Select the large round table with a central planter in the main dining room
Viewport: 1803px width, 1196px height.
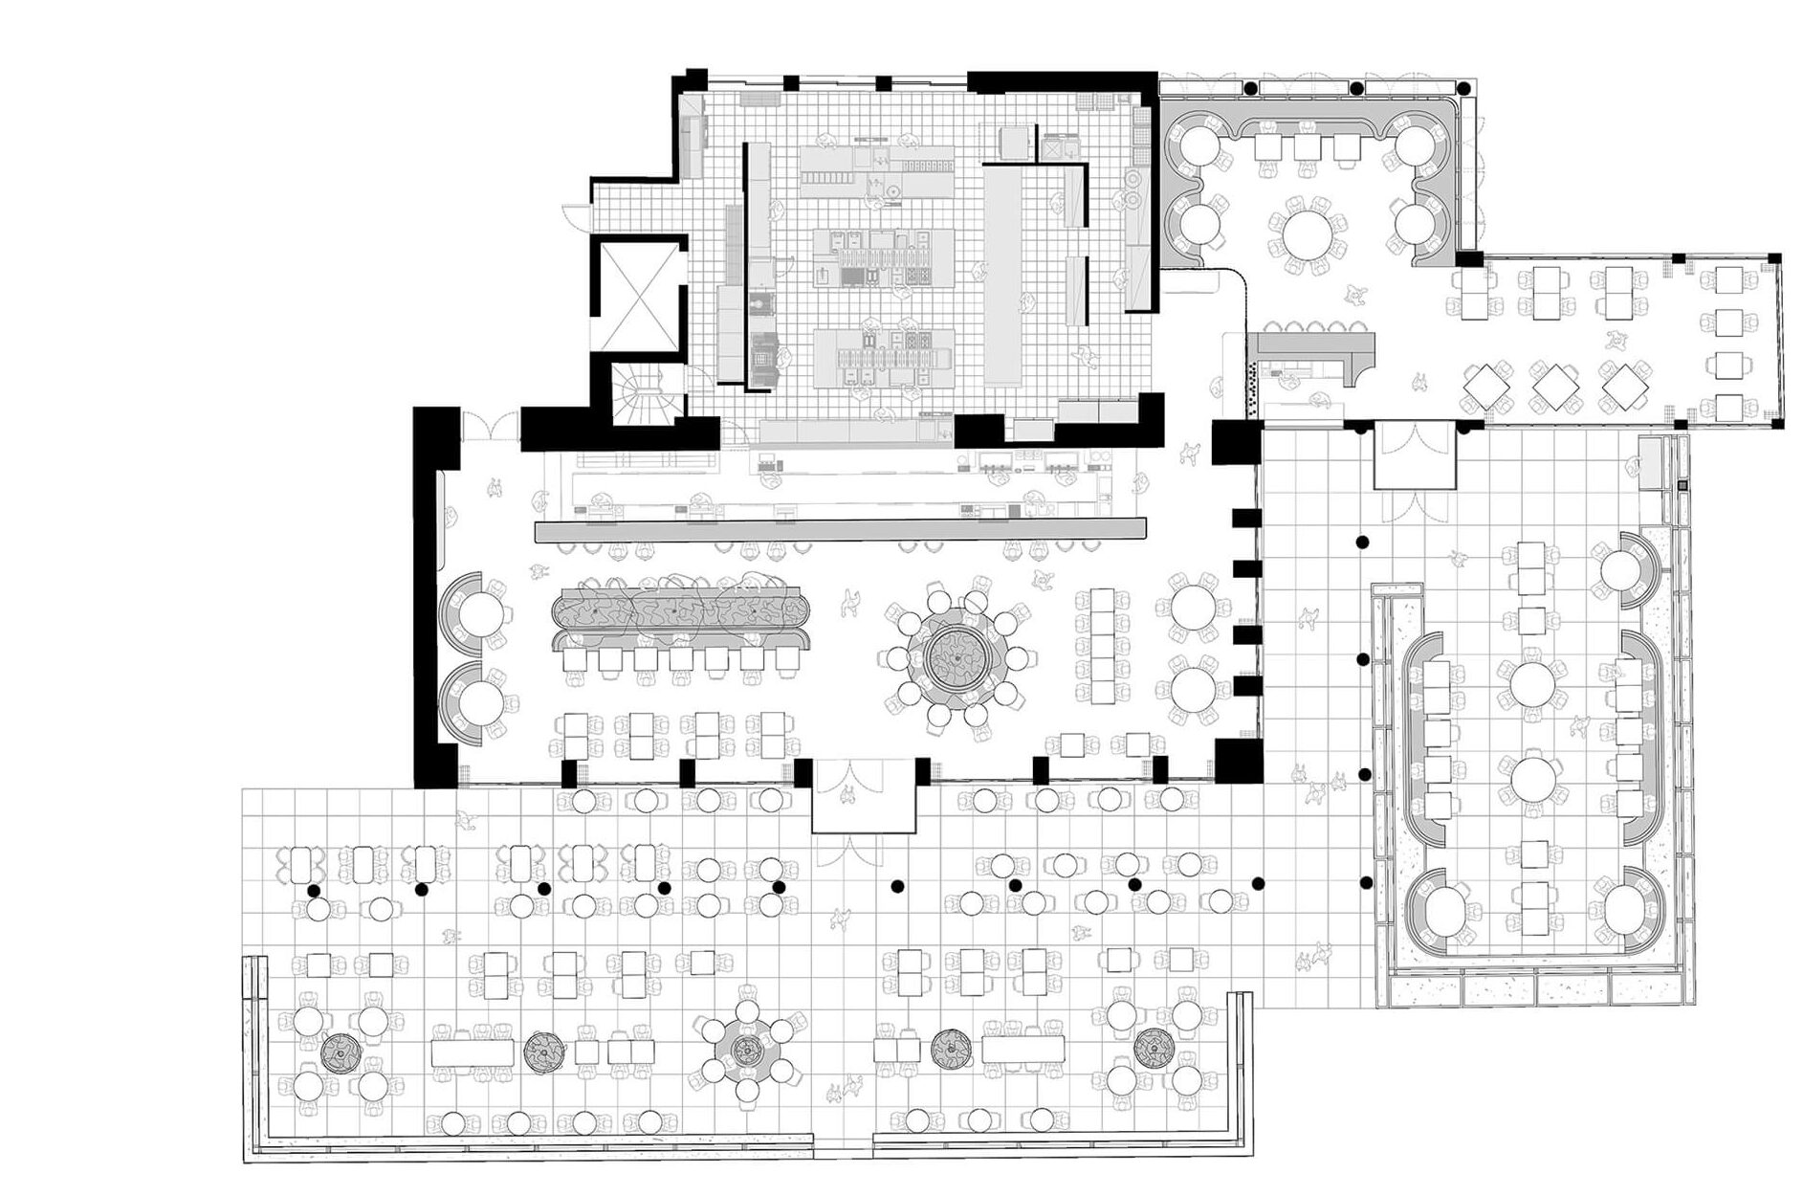pyautogui.click(x=953, y=656)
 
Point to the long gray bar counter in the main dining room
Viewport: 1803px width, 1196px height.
pyautogui.click(x=839, y=529)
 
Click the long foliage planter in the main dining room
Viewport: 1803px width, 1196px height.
pyautogui.click(x=681, y=609)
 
